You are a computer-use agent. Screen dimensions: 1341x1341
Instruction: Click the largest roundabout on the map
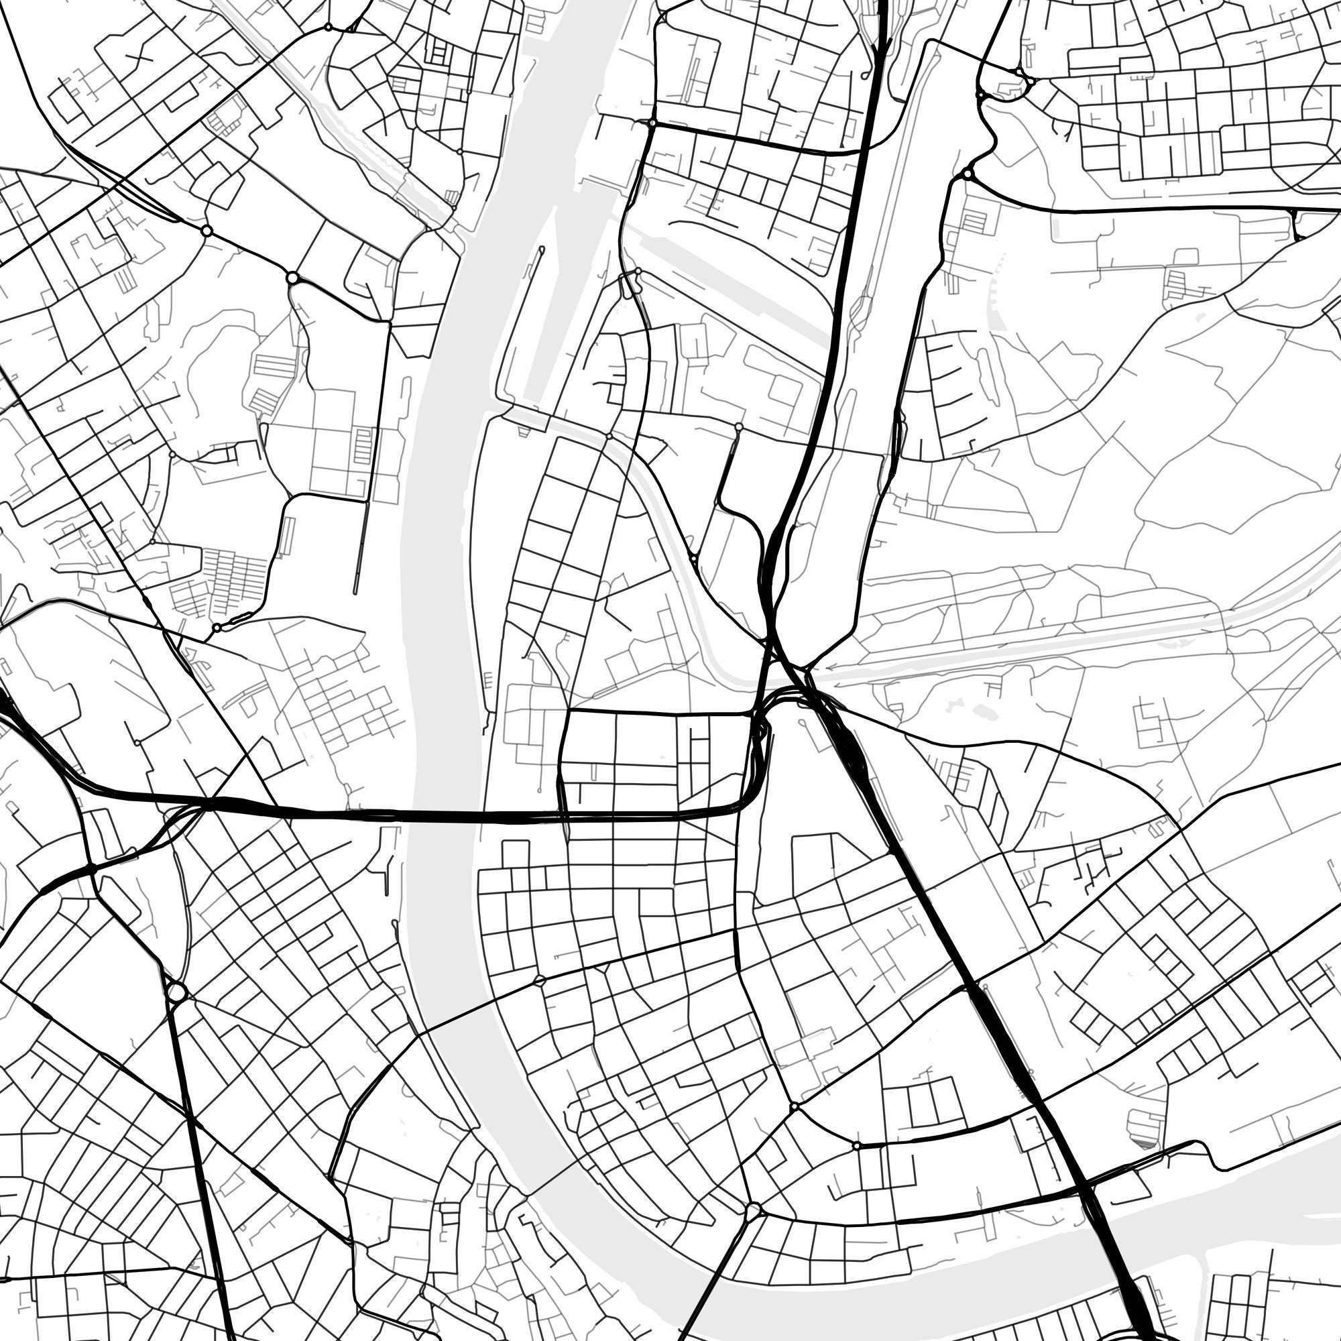[176, 990]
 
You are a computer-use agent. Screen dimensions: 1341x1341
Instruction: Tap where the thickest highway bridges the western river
[445, 816]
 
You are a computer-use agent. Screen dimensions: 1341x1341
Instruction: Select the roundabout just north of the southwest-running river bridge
[753, 1212]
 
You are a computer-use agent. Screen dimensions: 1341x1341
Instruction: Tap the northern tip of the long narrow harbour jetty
[540, 249]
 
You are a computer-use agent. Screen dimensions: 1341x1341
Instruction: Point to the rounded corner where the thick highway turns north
[750, 798]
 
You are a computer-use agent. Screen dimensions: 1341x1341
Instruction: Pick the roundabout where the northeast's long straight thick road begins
[967, 173]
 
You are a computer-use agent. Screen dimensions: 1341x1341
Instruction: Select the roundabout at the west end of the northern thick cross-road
[652, 123]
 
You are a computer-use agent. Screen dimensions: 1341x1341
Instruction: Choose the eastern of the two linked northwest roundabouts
[292, 278]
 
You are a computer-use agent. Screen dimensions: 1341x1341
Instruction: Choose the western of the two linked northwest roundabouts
[206, 230]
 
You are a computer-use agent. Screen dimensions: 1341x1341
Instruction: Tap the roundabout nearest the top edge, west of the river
[328, 27]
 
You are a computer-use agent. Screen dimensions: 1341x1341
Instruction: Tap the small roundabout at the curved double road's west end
[857, 1146]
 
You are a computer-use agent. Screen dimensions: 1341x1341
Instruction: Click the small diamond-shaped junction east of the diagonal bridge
[539, 981]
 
